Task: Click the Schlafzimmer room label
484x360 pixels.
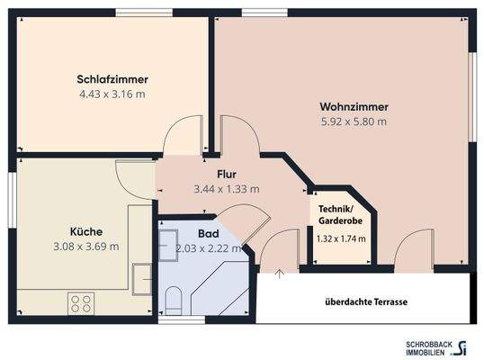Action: (112, 79)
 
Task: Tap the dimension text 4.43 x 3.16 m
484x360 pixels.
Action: (112, 94)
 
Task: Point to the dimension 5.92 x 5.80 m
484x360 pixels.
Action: (353, 121)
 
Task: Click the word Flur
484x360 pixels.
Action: (226, 175)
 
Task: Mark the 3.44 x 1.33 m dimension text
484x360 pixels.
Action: (226, 189)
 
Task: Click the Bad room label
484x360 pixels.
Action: (208, 232)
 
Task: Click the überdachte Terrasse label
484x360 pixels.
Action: (366, 302)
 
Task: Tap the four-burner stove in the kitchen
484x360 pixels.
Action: (81, 302)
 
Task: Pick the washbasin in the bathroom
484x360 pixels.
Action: (168, 240)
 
